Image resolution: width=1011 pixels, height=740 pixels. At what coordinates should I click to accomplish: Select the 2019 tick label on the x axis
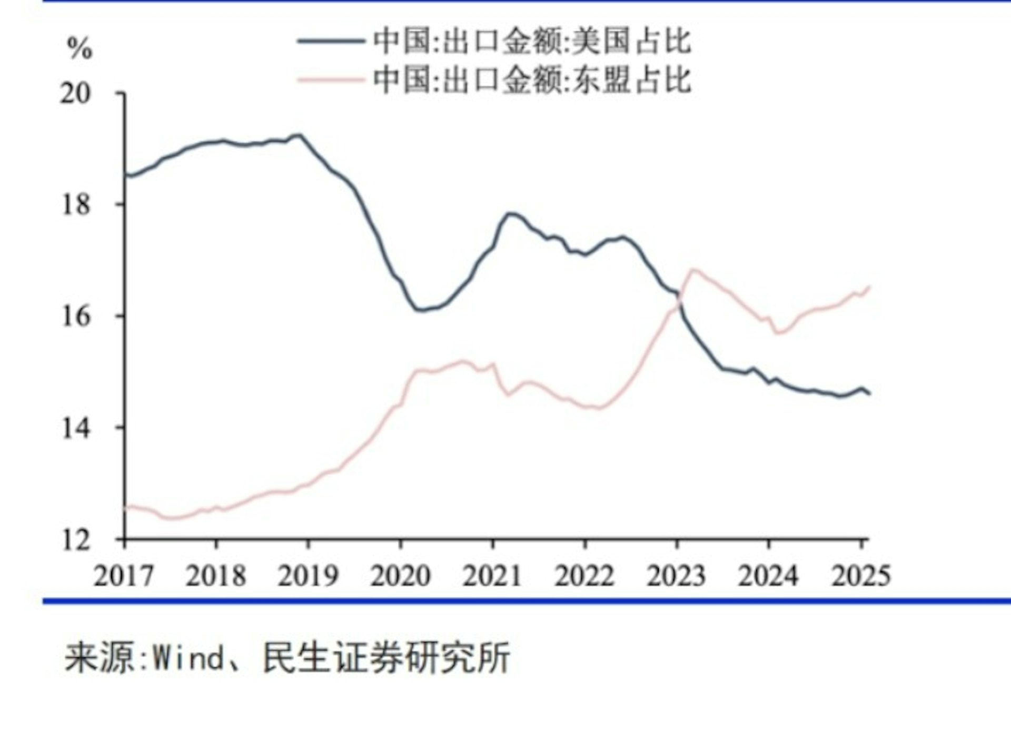pos(308,575)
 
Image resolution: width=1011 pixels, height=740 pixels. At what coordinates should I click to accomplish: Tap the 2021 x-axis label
pos(492,575)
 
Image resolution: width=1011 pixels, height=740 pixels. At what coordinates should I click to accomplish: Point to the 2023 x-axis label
pos(676,575)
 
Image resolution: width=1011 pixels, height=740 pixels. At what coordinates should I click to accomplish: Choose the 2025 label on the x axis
pos(861,575)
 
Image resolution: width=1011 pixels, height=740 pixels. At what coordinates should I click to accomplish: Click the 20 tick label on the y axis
pos(75,94)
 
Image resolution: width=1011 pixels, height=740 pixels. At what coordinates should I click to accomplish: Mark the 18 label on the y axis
pos(75,204)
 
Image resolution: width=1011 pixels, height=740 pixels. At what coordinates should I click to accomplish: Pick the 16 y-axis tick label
pos(75,316)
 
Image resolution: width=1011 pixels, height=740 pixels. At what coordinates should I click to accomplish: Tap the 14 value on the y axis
pos(75,428)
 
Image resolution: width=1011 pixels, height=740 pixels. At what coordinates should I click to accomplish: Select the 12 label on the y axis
pos(75,540)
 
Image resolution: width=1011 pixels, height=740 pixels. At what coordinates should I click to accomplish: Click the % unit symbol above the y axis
pos(80,48)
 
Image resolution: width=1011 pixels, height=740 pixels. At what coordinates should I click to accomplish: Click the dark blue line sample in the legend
pos(331,41)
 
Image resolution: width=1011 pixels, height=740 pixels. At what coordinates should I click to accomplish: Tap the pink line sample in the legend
pos(331,80)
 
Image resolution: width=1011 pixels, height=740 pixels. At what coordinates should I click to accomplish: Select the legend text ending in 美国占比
pos(532,41)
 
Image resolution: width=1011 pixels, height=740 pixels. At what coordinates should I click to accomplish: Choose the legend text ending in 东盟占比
pos(532,80)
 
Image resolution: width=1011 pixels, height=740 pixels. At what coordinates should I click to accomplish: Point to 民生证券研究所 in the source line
pos(386,658)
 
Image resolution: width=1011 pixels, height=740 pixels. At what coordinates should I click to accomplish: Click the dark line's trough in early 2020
pos(420,310)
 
